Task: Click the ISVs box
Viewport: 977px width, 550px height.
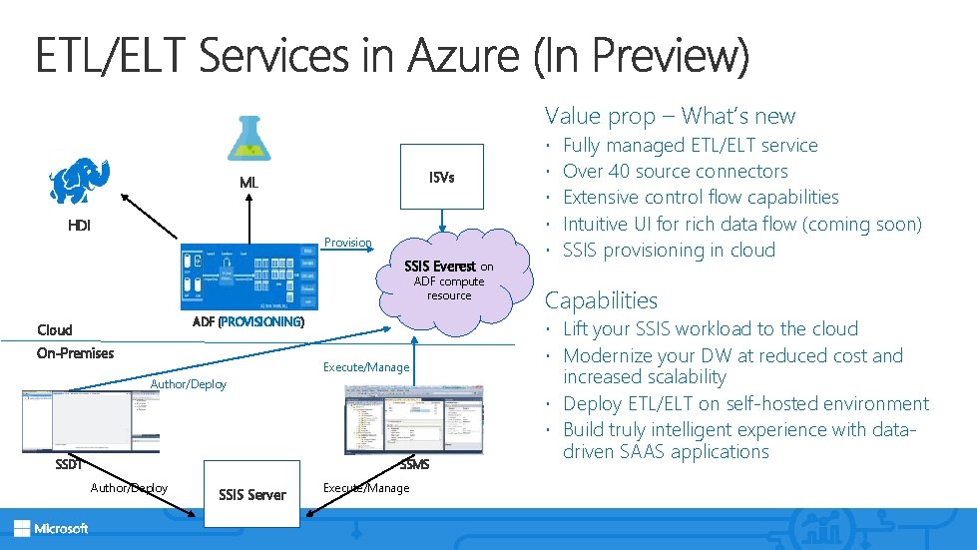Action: pos(441,178)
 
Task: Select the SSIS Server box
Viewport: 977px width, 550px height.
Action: pos(252,494)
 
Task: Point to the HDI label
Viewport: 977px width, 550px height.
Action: pos(79,226)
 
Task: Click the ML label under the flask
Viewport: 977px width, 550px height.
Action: pos(248,183)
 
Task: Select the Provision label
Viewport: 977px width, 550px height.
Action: pos(348,243)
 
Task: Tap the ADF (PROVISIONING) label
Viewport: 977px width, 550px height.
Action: pos(247,321)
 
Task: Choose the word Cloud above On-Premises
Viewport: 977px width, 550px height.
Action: pos(55,329)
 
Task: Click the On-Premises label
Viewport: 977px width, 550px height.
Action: pos(75,352)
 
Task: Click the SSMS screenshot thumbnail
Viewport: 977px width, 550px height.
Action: pos(399,418)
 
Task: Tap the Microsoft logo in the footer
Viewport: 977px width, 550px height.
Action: pos(51,528)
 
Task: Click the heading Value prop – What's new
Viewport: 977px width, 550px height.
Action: pos(670,116)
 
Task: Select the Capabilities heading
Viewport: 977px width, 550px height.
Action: pos(601,300)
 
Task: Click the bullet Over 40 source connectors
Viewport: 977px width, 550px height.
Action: pos(676,172)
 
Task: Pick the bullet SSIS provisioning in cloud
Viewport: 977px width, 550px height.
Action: pos(669,250)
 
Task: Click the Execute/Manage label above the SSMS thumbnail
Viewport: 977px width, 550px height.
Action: pos(366,367)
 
